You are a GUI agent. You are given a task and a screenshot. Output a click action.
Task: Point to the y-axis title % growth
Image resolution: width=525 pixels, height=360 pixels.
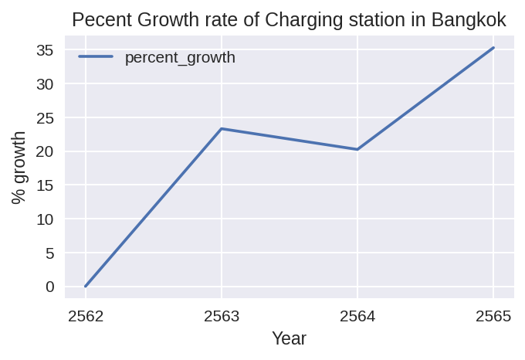(x=20, y=168)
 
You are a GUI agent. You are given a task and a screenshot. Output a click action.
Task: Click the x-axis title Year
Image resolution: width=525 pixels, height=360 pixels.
(x=289, y=339)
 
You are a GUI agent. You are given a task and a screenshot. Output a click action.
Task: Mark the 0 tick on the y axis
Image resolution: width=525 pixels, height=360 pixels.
(x=50, y=287)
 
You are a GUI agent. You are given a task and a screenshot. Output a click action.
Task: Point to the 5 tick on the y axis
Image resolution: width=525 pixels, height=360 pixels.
(x=50, y=253)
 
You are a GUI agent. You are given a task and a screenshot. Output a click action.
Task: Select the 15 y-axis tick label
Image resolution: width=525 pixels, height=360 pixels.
(x=46, y=185)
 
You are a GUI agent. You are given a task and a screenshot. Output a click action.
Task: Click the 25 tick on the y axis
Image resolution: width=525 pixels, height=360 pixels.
(x=46, y=117)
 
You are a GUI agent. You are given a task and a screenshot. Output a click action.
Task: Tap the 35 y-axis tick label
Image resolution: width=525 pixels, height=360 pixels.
(x=46, y=50)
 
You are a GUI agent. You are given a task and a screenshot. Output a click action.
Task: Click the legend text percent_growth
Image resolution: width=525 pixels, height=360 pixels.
(x=180, y=57)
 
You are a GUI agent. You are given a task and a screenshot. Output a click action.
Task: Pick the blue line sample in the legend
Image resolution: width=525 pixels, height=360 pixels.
(x=96, y=56)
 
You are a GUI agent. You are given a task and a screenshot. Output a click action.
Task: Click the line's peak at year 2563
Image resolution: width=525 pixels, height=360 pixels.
(x=222, y=128)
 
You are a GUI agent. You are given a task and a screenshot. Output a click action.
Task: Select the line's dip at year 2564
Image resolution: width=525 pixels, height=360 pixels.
(x=357, y=149)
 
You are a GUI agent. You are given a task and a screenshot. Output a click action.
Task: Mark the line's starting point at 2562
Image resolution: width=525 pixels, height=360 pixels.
(x=86, y=286)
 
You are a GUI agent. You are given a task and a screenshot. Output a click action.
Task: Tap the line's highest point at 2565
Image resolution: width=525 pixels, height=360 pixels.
(x=493, y=48)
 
